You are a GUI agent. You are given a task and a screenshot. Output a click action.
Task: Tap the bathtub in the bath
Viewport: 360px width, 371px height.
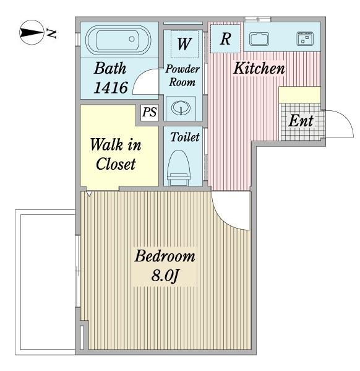118,40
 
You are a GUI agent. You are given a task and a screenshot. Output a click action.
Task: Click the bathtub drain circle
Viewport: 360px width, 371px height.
132,39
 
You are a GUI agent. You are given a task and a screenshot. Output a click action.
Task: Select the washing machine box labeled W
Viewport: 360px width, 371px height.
184,44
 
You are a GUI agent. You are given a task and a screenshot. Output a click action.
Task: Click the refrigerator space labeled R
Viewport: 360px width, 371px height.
225,38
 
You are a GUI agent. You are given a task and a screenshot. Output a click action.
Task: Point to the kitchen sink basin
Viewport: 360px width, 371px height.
259,39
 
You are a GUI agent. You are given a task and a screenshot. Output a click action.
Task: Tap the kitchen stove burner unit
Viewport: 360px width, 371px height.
305,38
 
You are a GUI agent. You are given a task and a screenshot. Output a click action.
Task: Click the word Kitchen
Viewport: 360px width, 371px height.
259,68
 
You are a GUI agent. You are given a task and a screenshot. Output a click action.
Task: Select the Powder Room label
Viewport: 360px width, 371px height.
182,76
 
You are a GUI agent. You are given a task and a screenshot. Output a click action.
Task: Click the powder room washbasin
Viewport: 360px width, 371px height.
181,108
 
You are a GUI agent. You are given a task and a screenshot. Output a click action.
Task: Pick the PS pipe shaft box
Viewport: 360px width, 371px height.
150,112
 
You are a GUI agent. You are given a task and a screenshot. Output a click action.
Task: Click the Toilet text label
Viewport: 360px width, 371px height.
185,137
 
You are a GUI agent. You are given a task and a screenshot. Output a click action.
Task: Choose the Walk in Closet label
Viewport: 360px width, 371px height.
116,154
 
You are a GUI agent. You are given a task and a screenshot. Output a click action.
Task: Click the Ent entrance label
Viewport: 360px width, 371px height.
301,121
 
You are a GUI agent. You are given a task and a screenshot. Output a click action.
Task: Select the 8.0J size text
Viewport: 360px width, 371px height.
165,276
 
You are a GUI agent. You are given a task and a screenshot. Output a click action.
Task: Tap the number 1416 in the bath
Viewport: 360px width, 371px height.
111,87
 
